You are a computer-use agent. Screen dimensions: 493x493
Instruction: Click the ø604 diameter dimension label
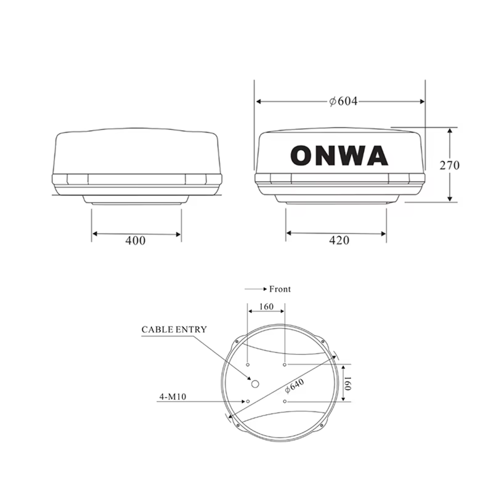tap(343, 101)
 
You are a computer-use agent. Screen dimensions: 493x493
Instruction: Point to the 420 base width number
tap(336, 240)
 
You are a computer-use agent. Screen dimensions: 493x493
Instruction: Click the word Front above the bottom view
tap(280, 289)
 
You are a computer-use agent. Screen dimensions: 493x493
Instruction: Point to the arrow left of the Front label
tap(255, 289)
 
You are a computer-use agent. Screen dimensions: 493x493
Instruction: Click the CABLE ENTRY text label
tap(174, 330)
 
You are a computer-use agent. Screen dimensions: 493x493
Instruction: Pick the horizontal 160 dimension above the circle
tap(266, 306)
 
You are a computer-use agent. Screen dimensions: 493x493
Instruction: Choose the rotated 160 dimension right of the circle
tap(346, 383)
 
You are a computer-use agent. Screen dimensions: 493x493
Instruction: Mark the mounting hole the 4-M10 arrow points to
tap(248, 401)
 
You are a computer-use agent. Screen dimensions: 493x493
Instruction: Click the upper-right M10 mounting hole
tap(285, 365)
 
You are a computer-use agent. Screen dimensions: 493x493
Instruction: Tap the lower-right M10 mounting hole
tap(285, 401)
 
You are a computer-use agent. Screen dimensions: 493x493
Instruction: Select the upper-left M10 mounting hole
tap(248, 365)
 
